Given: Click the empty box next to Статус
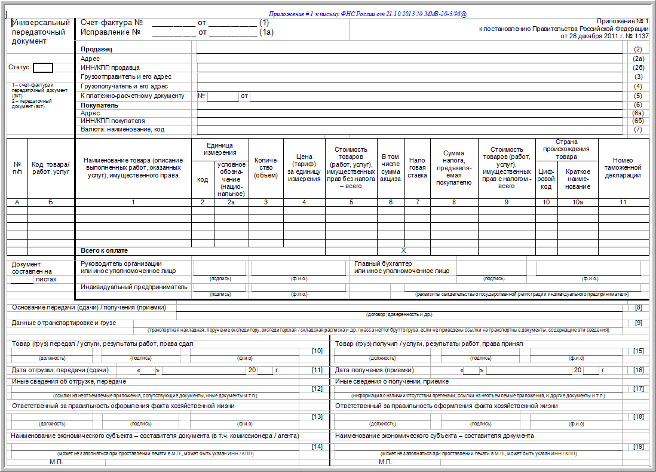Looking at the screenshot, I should coord(43,68).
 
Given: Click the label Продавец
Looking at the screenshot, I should coord(96,49).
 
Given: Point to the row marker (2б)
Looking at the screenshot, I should coord(638,68).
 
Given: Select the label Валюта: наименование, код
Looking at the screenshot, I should coord(122,129).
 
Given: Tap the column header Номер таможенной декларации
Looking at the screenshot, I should coord(623,168).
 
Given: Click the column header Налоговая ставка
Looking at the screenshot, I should coord(417,168).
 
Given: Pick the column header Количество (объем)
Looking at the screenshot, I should coord(266,168).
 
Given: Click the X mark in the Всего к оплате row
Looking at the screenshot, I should coord(403,251).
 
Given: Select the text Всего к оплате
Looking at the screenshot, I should coord(105,251).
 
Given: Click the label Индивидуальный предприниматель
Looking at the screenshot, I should coord(134,287).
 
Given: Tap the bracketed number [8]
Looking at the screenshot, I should coord(638,307).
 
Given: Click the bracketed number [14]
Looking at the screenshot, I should coord(317,446).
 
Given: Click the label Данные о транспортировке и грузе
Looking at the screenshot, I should coord(72,323).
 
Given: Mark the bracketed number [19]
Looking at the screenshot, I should coord(638,446).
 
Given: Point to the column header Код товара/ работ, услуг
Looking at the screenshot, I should coord(51,168).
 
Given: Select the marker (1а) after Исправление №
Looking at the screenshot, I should coord(266,32).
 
